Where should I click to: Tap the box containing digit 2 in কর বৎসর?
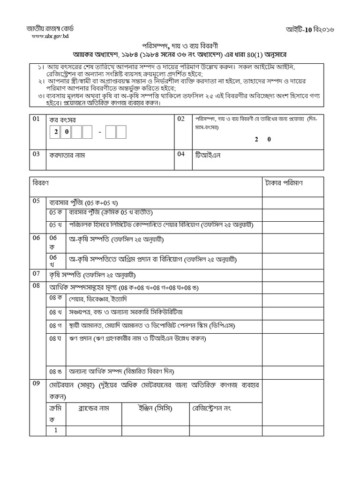tap(56, 133)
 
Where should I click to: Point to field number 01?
tap(36, 120)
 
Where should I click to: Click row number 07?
tap(36, 273)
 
